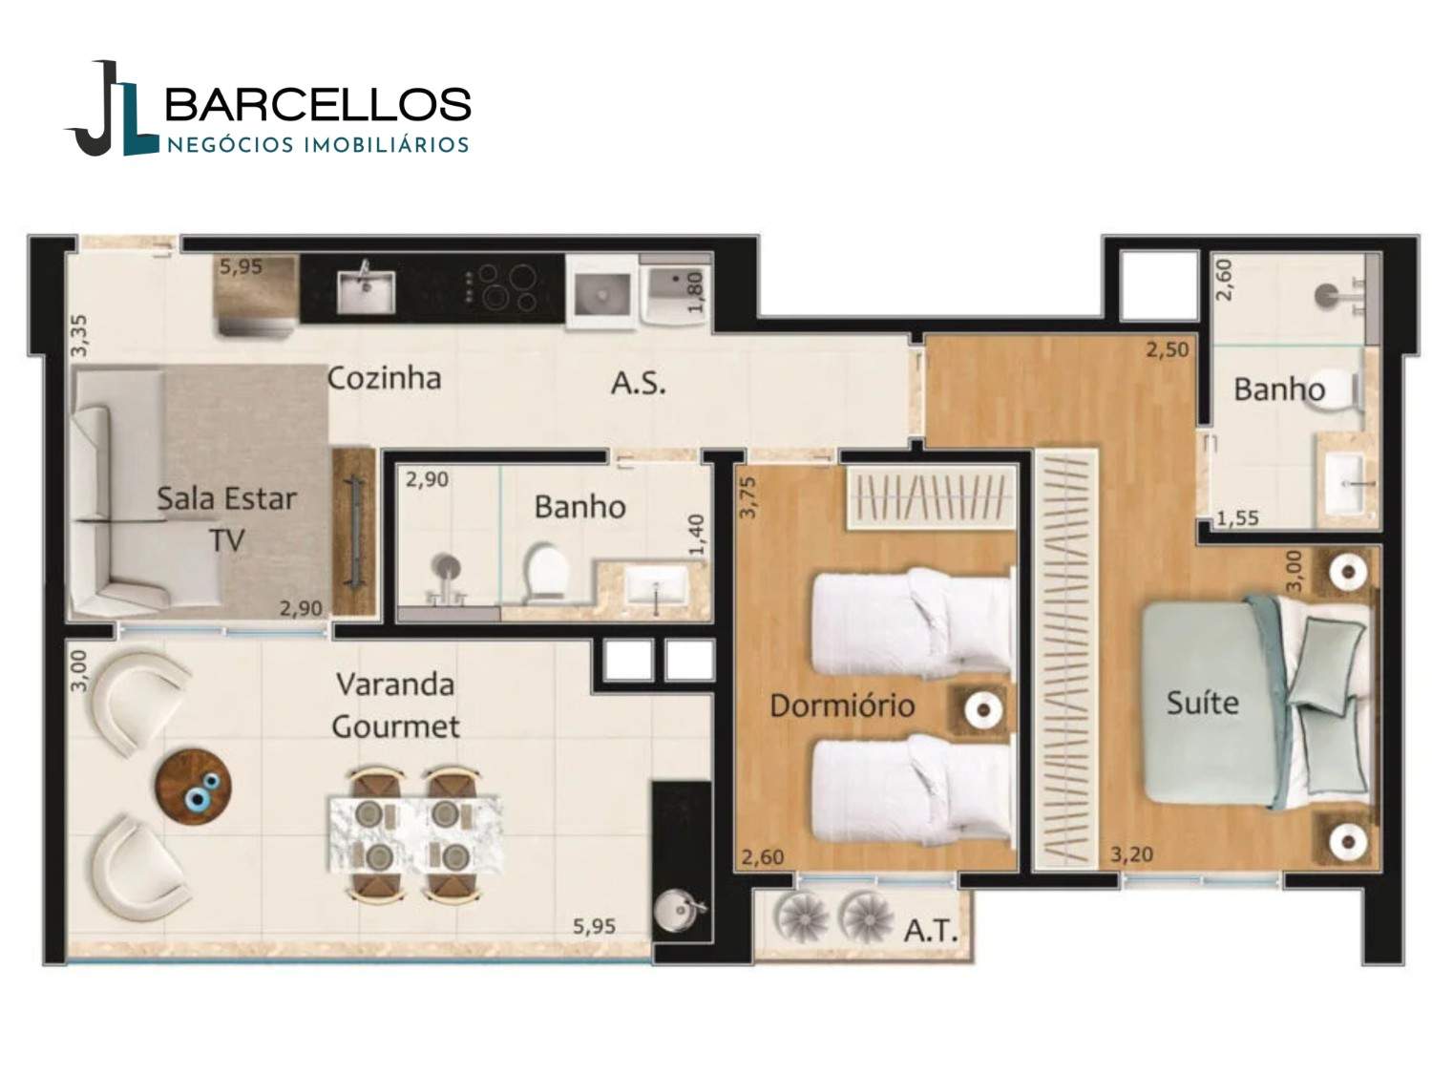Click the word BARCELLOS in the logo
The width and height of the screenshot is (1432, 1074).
click(x=318, y=104)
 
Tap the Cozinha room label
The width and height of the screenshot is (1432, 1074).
click(x=384, y=378)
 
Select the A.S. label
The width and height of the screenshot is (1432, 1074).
click(x=638, y=384)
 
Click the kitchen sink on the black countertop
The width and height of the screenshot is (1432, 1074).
click(x=366, y=290)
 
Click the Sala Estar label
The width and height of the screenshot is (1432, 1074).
click(x=226, y=499)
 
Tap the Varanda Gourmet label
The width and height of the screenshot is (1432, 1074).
click(x=395, y=705)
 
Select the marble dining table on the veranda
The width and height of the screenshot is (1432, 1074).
click(x=415, y=834)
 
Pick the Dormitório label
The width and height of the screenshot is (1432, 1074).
click(x=842, y=705)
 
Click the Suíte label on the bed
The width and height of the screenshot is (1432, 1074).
click(x=1202, y=703)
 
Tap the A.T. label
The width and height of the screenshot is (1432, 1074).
click(x=931, y=932)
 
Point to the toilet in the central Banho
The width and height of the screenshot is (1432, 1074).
click(x=547, y=572)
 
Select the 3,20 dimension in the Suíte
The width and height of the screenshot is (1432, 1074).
click(x=1132, y=854)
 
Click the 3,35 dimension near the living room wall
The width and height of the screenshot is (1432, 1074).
click(x=78, y=335)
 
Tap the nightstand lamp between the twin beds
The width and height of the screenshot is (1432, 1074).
click(x=981, y=708)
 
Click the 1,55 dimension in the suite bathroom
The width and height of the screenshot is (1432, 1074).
click(x=1237, y=518)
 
